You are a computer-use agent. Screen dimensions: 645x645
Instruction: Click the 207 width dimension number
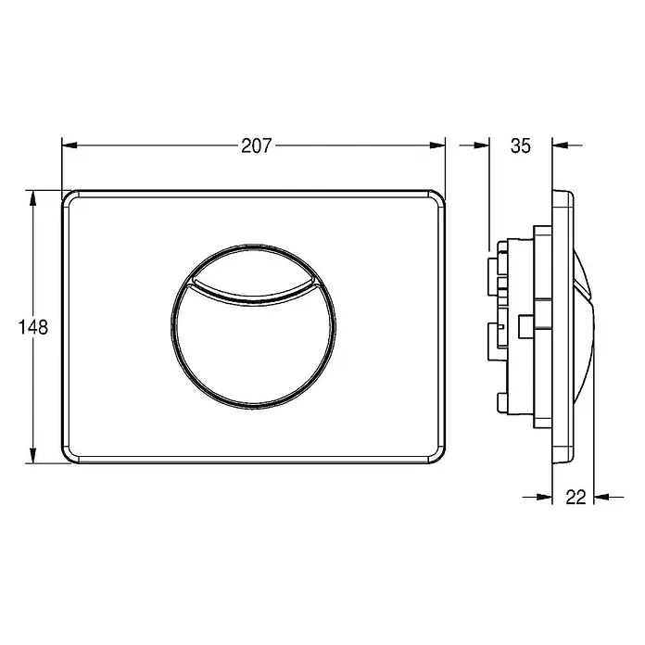(x=257, y=145)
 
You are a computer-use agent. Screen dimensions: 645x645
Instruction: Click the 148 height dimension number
(x=33, y=327)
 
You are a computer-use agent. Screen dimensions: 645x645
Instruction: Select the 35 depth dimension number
(x=521, y=145)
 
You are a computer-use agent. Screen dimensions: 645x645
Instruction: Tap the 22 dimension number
(x=575, y=498)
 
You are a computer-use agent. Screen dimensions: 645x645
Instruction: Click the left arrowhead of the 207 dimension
(x=70, y=145)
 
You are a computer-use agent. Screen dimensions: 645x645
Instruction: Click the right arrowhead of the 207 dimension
(x=437, y=145)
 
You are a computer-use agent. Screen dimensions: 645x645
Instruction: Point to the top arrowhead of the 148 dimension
(x=33, y=198)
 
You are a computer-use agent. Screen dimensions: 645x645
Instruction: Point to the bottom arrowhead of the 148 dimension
(x=33, y=455)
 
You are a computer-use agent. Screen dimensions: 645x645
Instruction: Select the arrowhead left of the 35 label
(x=482, y=145)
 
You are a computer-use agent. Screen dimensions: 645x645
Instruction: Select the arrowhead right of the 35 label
(x=560, y=145)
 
